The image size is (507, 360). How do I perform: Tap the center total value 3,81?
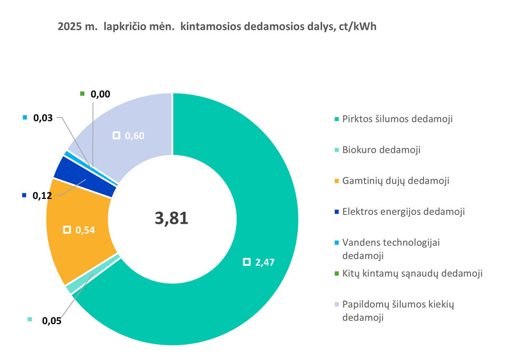[x=172, y=218]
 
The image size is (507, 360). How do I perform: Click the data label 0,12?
[x=43, y=196]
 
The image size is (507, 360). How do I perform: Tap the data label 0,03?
[x=43, y=118]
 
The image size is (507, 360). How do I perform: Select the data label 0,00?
[x=100, y=94]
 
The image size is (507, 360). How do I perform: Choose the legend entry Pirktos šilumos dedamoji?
[x=397, y=119]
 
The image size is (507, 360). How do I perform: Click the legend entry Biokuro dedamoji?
[x=381, y=150]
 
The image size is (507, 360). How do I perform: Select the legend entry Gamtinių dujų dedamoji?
[x=396, y=181]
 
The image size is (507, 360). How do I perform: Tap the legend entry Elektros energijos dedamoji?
[x=403, y=212]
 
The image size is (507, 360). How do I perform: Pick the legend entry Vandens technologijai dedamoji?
[x=391, y=249]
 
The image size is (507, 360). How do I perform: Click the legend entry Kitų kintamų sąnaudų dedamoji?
[x=412, y=273]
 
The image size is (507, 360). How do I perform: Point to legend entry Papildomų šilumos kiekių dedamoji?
[x=398, y=311]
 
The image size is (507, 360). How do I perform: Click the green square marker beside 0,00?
[x=82, y=94]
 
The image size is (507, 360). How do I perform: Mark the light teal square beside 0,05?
[x=30, y=319]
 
